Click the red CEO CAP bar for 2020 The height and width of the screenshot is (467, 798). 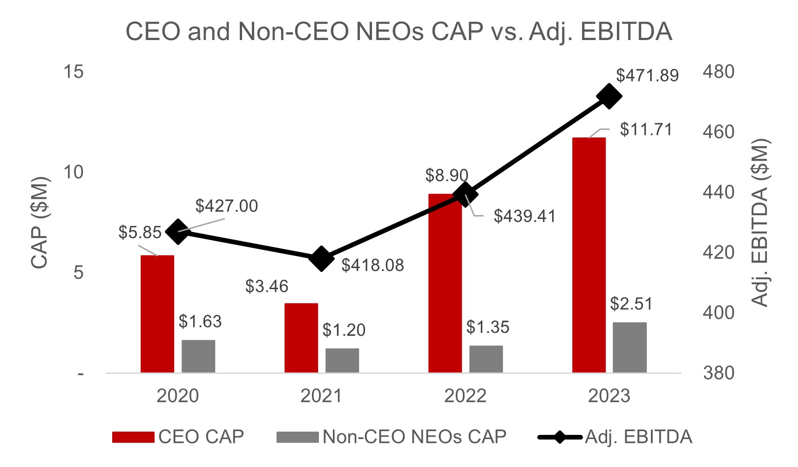[157, 314]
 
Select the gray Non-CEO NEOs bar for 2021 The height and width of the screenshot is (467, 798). [342, 360]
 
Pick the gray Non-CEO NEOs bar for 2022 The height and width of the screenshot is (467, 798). [486, 359]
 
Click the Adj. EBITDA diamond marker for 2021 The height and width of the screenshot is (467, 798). [321, 258]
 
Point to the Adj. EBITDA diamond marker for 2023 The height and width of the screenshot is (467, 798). [609, 97]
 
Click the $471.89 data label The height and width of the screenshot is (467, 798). [647, 75]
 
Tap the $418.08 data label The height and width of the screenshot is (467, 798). [372, 265]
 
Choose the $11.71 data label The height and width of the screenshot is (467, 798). [646, 129]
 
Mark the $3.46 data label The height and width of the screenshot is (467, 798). [267, 286]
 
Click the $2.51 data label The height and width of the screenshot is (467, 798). [631, 304]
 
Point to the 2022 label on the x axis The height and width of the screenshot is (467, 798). [465, 396]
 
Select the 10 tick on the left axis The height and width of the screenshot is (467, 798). [74, 172]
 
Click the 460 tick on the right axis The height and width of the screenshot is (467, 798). [718, 132]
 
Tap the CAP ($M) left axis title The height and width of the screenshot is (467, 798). [40, 223]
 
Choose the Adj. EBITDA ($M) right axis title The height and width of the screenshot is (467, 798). [760, 223]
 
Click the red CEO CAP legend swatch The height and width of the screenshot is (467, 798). [133, 437]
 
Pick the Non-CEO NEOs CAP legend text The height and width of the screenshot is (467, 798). [414, 437]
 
